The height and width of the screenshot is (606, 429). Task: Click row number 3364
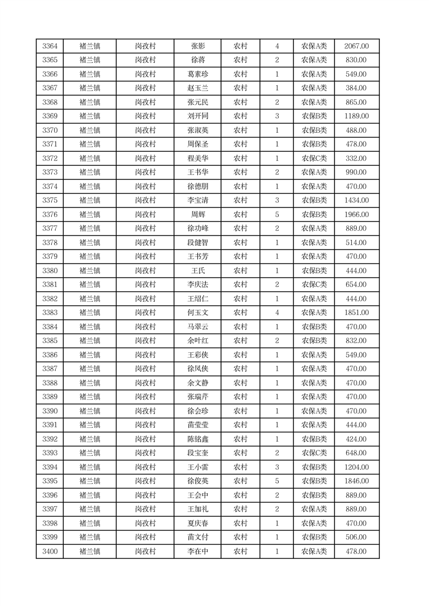tap(50, 46)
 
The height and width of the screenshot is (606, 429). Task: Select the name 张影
tap(198, 46)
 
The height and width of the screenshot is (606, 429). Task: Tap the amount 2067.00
tap(356, 46)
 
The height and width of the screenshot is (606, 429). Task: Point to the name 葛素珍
tap(198, 74)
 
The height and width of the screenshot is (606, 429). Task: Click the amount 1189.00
tap(356, 116)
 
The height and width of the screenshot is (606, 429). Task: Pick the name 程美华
tap(198, 158)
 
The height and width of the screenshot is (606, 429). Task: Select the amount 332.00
tap(356, 158)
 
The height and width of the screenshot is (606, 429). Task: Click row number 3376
tap(50, 214)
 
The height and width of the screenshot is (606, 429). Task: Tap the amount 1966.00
tap(356, 214)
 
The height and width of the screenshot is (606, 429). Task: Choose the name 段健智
tap(198, 243)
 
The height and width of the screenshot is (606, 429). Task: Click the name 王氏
tap(198, 271)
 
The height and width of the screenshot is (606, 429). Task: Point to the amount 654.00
tap(356, 285)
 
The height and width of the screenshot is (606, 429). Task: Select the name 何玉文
tap(198, 313)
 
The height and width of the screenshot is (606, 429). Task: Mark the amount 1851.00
tap(356, 313)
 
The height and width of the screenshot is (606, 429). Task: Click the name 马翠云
tap(198, 327)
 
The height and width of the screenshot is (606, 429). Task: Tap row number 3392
tap(50, 439)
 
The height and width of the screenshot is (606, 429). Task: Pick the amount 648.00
tap(356, 453)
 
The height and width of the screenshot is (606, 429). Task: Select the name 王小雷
tap(198, 467)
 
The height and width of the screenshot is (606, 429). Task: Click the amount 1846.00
tap(356, 481)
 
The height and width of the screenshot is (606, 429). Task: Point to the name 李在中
tap(198, 551)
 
